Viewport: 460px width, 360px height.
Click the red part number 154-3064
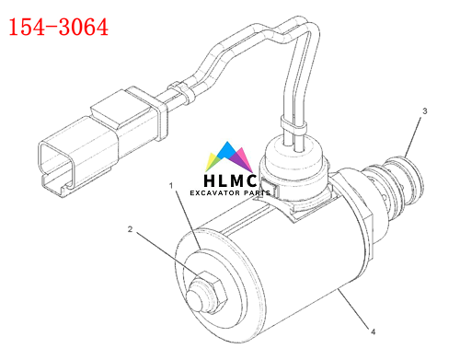pos(58,28)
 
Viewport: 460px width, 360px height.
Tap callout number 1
pos(171,185)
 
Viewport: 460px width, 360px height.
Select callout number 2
pos(131,229)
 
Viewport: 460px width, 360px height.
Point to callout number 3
pos(424,111)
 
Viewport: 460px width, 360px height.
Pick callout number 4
pos(374,331)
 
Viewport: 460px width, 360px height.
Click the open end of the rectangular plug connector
pos(56,166)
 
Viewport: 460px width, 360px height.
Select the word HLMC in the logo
pos(230,180)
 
